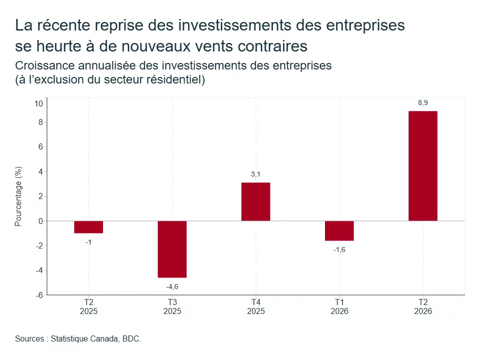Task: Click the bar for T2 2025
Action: (x=88, y=227)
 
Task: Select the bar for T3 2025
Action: (x=172, y=249)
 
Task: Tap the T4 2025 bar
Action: (x=255, y=201)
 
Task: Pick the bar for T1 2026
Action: (x=339, y=231)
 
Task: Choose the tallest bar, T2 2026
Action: (x=423, y=166)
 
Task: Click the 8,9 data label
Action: (x=423, y=103)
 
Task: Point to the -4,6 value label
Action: (x=172, y=287)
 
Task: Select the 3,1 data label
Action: (x=255, y=174)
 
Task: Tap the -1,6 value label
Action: (x=339, y=250)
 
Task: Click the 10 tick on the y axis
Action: (x=39, y=104)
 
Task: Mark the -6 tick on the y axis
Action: (x=39, y=295)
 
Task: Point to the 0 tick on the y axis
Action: (x=40, y=221)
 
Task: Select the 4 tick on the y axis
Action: (x=40, y=171)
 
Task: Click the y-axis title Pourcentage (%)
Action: (x=18, y=196)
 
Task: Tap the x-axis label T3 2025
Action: (x=172, y=306)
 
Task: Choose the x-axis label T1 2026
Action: (x=339, y=306)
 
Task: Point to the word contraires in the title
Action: (x=272, y=46)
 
